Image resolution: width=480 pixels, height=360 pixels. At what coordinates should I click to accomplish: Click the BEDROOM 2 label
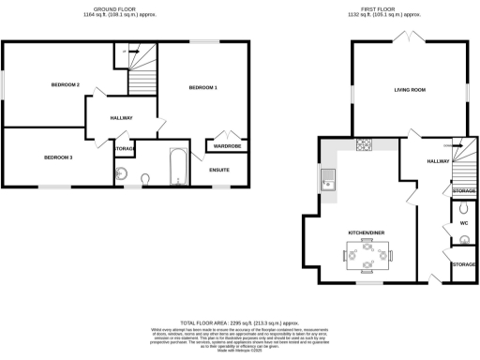coord(65,85)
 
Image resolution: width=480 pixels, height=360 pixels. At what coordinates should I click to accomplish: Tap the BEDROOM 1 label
coord(203,87)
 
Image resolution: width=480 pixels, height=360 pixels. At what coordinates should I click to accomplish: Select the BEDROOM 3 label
coord(58,157)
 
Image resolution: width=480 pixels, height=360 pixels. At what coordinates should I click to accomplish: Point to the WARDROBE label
coord(226,145)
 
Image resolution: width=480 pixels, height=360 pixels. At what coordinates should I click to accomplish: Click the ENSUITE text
coord(220,169)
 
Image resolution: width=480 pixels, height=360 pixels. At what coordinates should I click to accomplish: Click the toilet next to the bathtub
coord(144,178)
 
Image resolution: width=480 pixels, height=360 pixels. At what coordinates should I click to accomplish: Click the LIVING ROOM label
coord(410,90)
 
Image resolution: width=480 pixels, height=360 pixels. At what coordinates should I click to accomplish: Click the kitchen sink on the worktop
coord(328,178)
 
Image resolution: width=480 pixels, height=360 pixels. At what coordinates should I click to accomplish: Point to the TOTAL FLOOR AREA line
coord(240,322)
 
